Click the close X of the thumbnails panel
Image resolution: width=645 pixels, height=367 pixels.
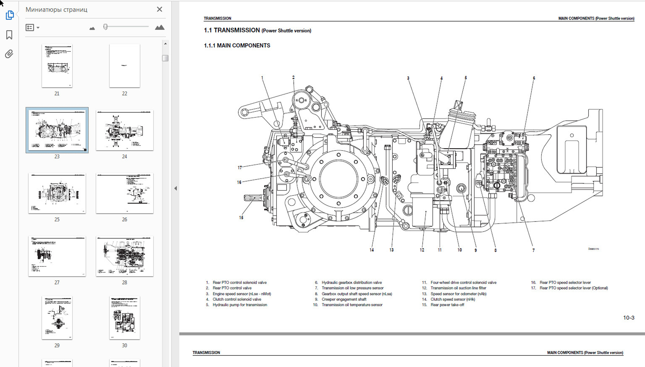159,9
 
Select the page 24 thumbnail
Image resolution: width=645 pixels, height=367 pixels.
125,130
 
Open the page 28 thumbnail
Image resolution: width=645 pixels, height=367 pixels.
125,256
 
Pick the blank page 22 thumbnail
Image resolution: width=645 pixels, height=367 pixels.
125,66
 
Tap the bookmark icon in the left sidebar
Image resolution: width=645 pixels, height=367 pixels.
9,35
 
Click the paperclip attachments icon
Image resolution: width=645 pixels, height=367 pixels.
9,54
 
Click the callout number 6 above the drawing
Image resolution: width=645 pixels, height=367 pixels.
534,78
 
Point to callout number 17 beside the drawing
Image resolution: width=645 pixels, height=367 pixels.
240,167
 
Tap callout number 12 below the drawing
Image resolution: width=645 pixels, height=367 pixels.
422,250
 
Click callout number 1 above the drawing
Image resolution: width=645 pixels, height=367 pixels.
262,78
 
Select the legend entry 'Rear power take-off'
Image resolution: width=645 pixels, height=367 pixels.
447,305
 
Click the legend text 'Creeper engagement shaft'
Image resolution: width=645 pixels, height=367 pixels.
344,299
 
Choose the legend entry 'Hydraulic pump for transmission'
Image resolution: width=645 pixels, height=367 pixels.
240,305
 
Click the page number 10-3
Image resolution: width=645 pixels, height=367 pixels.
628,318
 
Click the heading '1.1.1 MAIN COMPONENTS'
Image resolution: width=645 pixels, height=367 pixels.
237,45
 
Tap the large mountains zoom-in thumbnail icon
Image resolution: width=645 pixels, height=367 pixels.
160,27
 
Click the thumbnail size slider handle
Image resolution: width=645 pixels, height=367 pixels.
105,27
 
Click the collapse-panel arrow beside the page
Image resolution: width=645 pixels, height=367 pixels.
175,188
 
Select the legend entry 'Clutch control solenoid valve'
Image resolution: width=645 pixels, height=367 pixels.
237,299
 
